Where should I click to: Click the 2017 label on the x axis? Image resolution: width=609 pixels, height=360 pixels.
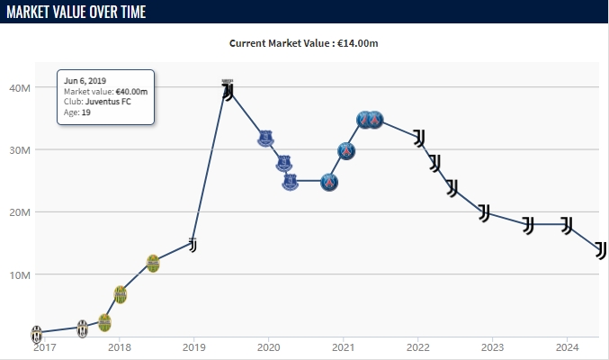(44, 347)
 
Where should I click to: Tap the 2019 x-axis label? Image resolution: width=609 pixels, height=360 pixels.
(193, 347)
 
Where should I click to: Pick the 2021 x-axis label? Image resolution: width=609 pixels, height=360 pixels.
(343, 347)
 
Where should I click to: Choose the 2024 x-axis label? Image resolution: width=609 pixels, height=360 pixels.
(567, 347)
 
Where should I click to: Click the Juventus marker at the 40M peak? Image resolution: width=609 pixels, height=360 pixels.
(228, 90)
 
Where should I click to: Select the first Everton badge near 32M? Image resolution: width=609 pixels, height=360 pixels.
(265, 139)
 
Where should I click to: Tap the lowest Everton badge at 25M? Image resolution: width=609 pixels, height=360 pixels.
(290, 182)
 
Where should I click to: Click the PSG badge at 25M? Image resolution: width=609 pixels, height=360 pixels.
(330, 182)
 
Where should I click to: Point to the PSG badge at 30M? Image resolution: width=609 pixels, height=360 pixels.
(346, 151)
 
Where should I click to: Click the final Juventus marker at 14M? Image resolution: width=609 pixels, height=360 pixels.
(600, 249)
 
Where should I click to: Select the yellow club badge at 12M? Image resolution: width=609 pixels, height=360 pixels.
(153, 263)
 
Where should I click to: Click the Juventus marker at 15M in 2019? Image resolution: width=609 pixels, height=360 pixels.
(193, 244)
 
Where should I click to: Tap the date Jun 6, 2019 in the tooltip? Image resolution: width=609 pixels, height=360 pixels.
(85, 81)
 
